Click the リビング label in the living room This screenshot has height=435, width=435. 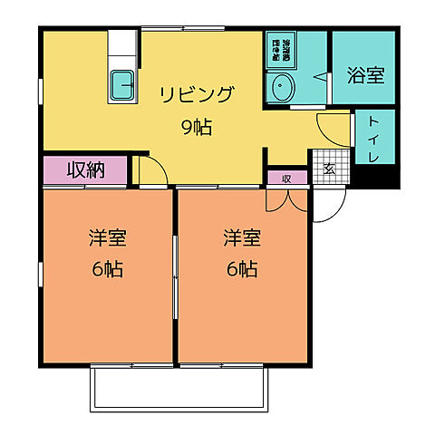click(x=197, y=94)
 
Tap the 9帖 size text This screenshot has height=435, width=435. click(x=197, y=127)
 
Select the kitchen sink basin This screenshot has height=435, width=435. click(x=122, y=86)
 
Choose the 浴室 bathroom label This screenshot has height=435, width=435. click(x=365, y=74)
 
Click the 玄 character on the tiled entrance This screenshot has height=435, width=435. click(x=329, y=169)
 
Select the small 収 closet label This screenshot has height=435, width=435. click(x=286, y=178)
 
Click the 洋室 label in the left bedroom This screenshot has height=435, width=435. click(x=106, y=238)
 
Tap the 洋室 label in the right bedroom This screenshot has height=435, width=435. click(x=242, y=238)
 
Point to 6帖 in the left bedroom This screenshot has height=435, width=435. click(x=106, y=270)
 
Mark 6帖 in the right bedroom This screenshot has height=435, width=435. click(x=242, y=270)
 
